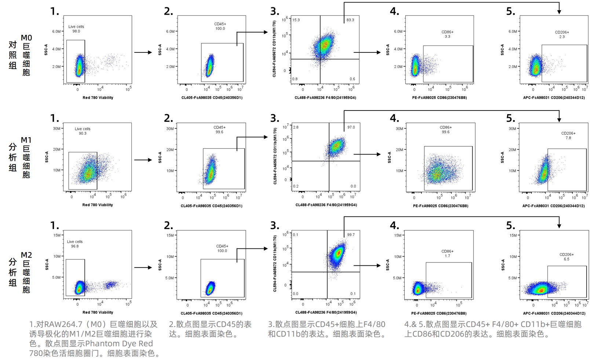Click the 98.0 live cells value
click(x=76, y=32)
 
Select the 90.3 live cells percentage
click(x=83, y=134)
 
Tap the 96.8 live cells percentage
click(x=75, y=247)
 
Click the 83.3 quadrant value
click(x=350, y=20)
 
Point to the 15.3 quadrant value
click(x=296, y=20)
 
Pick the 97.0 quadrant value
click(x=351, y=127)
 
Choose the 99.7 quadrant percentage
click(x=351, y=235)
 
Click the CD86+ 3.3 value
click(x=447, y=37)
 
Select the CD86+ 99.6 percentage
click(x=446, y=132)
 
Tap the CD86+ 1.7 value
click(x=447, y=256)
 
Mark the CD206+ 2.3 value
click(x=562, y=37)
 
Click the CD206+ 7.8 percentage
click(x=568, y=138)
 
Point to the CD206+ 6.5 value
click(x=566, y=259)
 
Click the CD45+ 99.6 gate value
click(x=219, y=132)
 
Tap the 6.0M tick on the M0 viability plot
click(x=56, y=32)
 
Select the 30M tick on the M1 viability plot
click(x=56, y=129)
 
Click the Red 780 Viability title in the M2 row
click(x=98, y=313)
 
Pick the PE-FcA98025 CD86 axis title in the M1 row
click(x=440, y=206)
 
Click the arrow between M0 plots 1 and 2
click(x=143, y=52)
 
